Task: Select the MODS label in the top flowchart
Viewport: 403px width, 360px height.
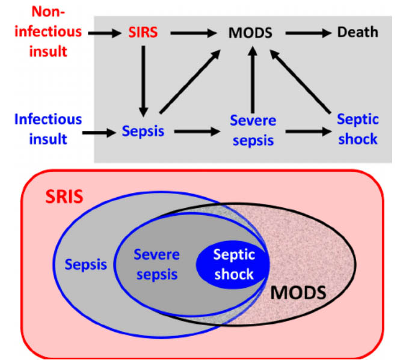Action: click(x=250, y=31)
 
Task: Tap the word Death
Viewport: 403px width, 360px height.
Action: click(x=357, y=31)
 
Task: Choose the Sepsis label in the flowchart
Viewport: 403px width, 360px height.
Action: click(x=143, y=130)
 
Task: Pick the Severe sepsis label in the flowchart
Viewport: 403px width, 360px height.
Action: click(x=253, y=129)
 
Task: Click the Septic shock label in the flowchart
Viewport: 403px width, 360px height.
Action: click(x=357, y=129)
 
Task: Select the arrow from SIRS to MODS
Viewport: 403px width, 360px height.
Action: click(x=193, y=32)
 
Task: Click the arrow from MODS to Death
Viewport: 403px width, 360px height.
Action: click(x=307, y=32)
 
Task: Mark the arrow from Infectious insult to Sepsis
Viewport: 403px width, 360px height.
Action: click(x=100, y=130)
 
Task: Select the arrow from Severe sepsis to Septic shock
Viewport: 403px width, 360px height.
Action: click(x=307, y=130)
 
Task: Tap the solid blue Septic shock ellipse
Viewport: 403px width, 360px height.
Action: click(x=234, y=265)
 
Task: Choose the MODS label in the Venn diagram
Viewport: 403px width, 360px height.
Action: click(x=298, y=294)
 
